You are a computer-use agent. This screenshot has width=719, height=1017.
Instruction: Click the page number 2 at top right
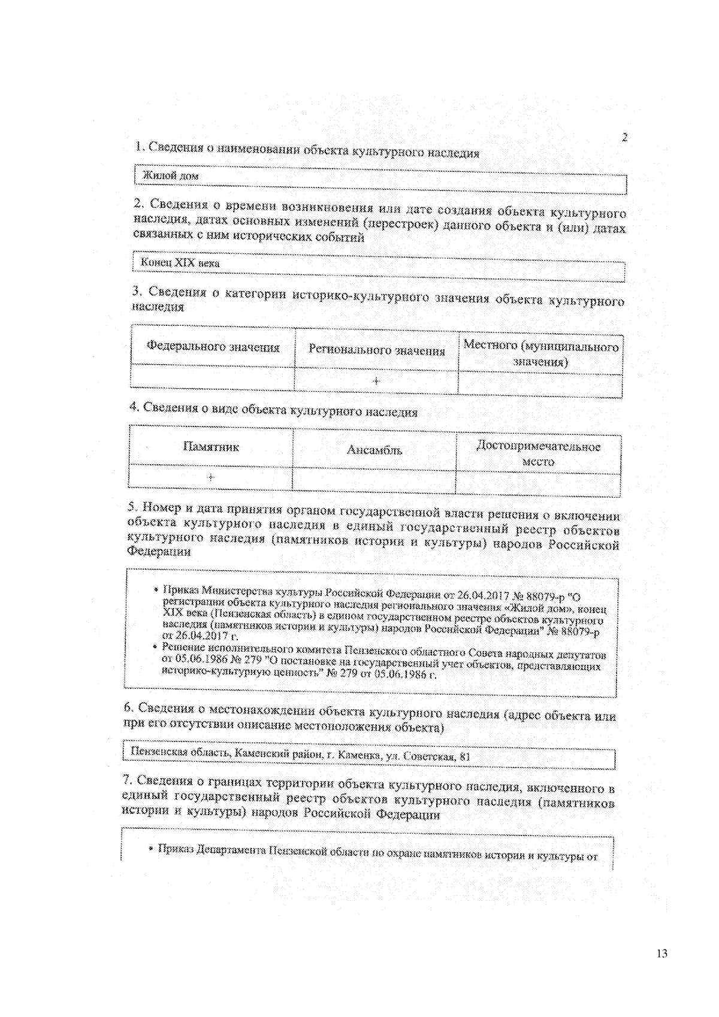point(624,137)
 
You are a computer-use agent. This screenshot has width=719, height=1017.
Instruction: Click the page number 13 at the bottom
point(661,954)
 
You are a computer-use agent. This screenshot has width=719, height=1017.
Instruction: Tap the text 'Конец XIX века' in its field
point(180,263)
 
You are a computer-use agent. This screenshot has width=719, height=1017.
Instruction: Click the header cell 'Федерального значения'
point(213,347)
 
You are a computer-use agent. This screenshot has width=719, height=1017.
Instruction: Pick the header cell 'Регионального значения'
point(376,350)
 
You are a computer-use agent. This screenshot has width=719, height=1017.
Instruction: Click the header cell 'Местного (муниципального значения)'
point(540,353)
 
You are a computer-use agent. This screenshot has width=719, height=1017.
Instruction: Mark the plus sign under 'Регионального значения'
point(376,381)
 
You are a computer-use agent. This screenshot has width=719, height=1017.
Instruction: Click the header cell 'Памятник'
point(211,447)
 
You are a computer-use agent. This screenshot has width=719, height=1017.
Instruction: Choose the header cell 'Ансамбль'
point(374,450)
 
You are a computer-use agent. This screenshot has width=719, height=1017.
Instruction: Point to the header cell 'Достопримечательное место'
point(538,454)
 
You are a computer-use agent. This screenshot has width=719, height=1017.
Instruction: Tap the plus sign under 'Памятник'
point(211,477)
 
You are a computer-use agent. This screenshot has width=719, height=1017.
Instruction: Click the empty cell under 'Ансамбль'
point(374,481)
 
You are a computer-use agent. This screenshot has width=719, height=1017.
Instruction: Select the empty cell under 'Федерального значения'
point(213,377)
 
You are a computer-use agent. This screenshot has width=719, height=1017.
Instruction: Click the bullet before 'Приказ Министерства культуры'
point(156,590)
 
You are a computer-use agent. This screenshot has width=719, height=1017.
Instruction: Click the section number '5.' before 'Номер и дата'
point(133,507)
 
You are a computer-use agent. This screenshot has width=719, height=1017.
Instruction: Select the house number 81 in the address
point(464,756)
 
